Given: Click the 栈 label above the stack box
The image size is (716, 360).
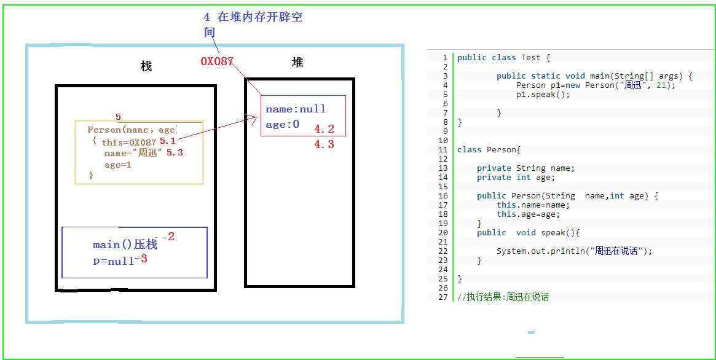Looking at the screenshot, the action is click(146, 66).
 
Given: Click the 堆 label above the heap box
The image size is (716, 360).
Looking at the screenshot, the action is click(297, 62).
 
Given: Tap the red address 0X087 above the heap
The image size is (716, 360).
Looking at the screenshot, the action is click(217, 61).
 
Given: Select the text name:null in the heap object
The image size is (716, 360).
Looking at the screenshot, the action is click(296, 109).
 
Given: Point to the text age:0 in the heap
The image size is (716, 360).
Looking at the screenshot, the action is click(282, 124).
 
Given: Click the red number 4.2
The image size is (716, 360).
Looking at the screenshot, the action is click(325, 129).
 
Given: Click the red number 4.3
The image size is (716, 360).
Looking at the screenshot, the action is click(325, 144).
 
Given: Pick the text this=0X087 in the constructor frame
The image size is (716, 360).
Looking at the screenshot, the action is click(129, 143).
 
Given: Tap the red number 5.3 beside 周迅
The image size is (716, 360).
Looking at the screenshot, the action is click(175, 152).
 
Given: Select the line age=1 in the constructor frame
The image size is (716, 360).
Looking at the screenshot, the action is click(118, 165).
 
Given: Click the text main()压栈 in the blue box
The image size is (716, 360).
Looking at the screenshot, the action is click(125, 245).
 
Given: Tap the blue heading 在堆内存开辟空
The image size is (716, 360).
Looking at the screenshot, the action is click(260, 17).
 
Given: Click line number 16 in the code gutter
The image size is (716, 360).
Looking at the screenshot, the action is click(443, 196).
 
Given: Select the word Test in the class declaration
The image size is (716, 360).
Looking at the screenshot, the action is click(530, 58).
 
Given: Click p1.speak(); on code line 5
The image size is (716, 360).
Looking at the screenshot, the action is click(543, 95).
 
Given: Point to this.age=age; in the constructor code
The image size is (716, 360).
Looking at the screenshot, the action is click(529, 214).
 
